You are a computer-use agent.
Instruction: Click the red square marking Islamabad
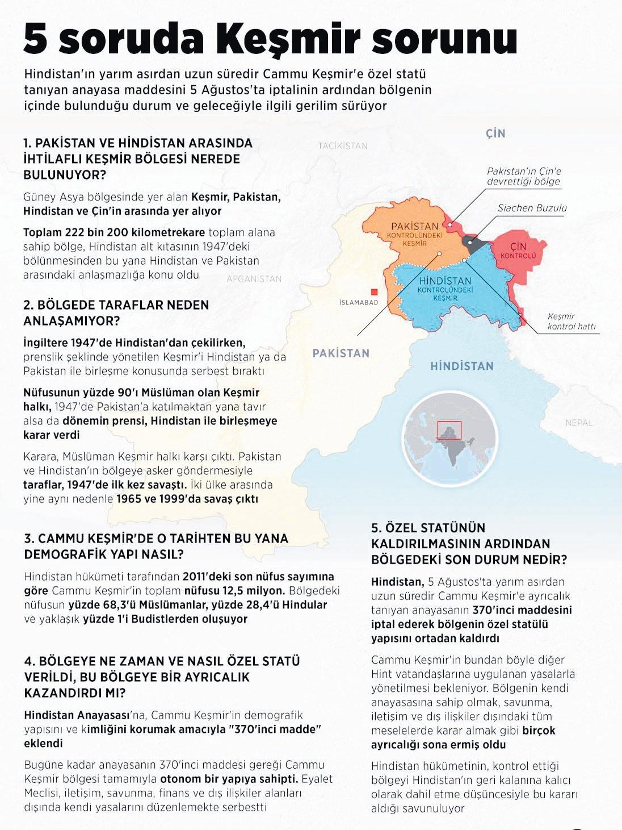pyautogui.click(x=374, y=291)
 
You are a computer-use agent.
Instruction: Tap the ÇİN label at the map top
pyautogui.click(x=495, y=134)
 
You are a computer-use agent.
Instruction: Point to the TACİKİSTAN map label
pyautogui.click(x=343, y=146)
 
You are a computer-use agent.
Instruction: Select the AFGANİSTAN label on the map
pyautogui.click(x=254, y=279)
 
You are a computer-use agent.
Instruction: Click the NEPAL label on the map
pyautogui.click(x=579, y=423)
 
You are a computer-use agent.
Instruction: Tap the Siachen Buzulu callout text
pyautogui.click(x=532, y=208)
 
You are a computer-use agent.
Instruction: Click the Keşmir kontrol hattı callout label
pyautogui.click(x=570, y=322)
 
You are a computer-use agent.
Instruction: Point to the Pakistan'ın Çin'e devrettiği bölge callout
pyautogui.click(x=524, y=177)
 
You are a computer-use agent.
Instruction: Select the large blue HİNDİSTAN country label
pyautogui.click(x=461, y=366)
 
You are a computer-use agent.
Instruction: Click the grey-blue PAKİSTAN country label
pyautogui.click(x=341, y=353)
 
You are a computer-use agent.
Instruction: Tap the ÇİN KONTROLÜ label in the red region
pyautogui.click(x=518, y=251)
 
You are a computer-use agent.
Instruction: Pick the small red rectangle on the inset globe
pyautogui.click(x=449, y=430)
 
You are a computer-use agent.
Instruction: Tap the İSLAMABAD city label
pyautogui.click(x=358, y=302)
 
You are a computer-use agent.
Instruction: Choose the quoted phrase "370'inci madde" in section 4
pyautogui.click(x=275, y=729)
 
